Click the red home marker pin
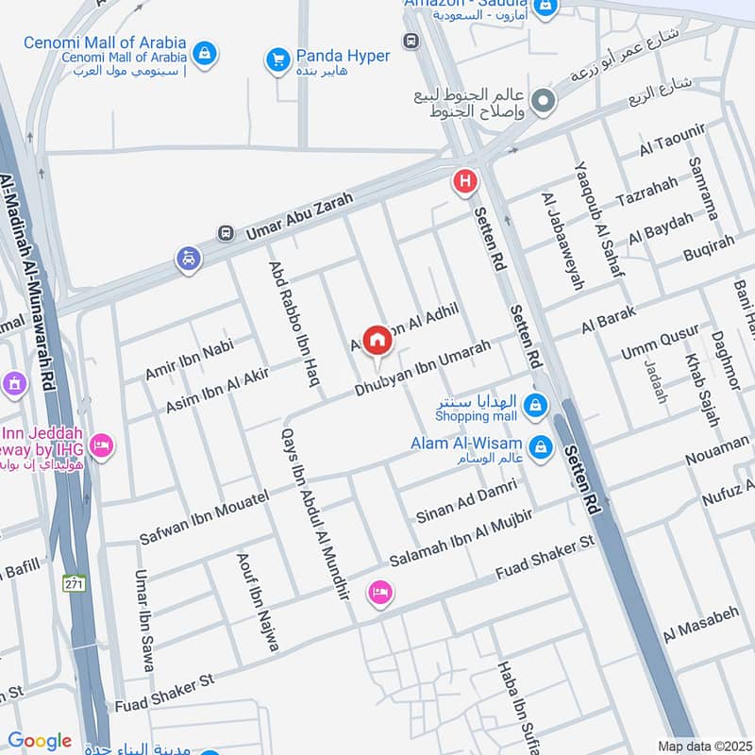coord(377,340)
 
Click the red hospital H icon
coord(464,181)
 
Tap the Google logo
coord(40,742)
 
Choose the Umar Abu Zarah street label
coord(299,215)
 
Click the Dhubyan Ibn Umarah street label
coord(423,368)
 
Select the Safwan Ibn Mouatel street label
coord(204,517)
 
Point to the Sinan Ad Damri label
coord(466,501)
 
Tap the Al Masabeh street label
coord(701,625)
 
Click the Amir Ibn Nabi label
coord(189,360)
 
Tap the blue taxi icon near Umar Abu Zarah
coord(189,258)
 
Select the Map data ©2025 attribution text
coord(703,747)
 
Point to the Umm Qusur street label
coord(660,341)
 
